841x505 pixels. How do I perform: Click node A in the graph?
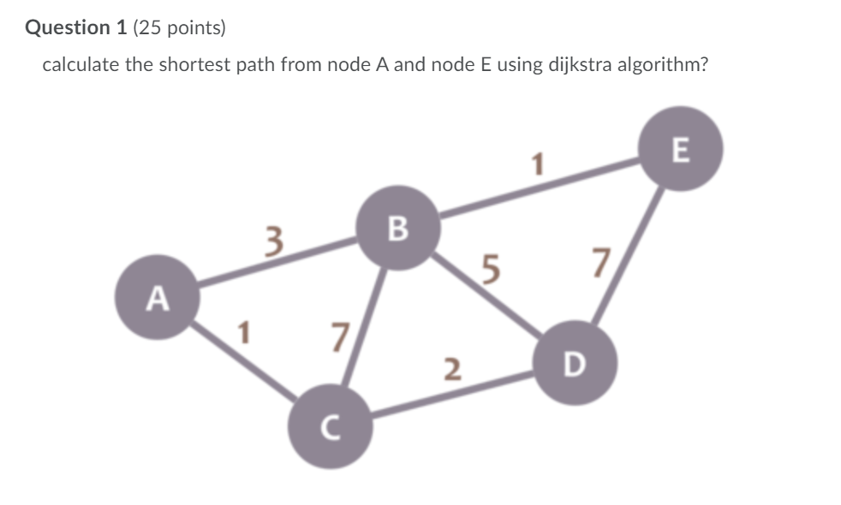[157, 298]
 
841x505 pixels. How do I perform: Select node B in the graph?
[399, 229]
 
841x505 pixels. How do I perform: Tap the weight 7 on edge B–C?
[340, 336]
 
